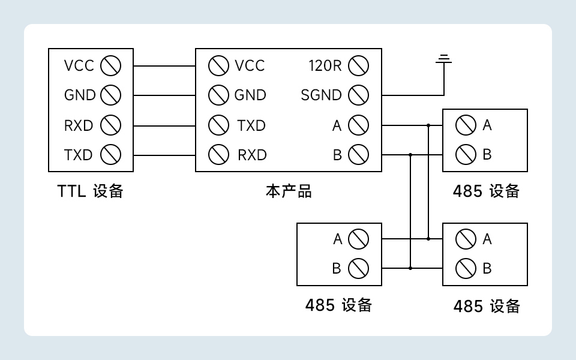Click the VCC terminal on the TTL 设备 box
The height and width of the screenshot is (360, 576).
point(111,65)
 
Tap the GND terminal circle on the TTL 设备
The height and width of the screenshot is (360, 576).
point(111,95)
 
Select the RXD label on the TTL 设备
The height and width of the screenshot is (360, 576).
point(79,125)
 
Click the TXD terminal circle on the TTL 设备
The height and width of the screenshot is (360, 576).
point(111,155)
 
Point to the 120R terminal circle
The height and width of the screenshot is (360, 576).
point(358,65)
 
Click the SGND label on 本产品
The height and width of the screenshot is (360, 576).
point(321,95)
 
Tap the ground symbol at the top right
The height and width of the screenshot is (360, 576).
point(444,59)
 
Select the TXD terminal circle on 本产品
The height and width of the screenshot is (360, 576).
point(218,125)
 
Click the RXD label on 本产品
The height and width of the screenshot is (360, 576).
point(252,155)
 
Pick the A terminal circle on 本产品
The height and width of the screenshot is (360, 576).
point(358,125)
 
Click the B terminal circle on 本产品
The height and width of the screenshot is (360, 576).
point(358,155)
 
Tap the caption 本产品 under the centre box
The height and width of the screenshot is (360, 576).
point(289,191)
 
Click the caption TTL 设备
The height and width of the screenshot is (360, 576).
point(91,191)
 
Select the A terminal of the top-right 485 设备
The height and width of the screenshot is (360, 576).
point(466,125)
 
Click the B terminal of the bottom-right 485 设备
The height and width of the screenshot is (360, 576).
point(466,268)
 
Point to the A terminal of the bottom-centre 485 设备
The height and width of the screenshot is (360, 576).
point(358,239)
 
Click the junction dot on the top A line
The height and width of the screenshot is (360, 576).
point(428,125)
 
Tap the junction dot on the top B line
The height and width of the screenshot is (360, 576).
point(410,155)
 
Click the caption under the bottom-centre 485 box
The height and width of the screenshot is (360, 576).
point(338,305)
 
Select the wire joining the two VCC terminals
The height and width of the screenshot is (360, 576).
point(164,65)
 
